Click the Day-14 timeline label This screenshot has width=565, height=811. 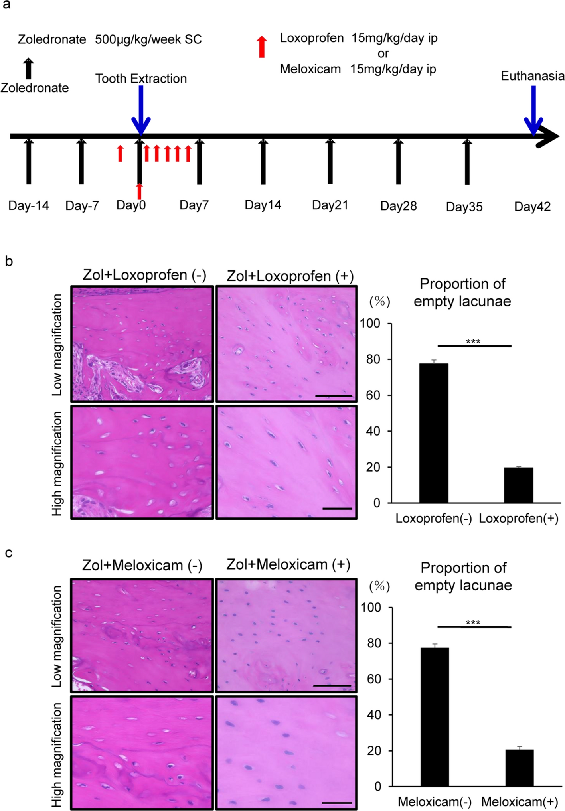pos(28,206)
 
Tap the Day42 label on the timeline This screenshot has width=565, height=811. pos(532,207)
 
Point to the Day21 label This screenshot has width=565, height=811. pos(330,205)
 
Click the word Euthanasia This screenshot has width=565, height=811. pos(532,76)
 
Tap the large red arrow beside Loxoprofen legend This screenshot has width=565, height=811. pos(262,47)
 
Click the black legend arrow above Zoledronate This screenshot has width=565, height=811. pos(28,69)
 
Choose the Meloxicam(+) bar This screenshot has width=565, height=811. pos(520,768)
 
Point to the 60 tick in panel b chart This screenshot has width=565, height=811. pos(373,395)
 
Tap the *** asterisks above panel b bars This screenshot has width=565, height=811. pos(473,342)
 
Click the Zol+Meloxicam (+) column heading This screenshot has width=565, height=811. pos(288,565)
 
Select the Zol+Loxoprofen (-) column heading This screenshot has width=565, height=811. pos(144,275)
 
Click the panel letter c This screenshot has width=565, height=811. pos(8,553)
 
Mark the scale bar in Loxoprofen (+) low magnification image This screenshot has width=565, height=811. pos(334,396)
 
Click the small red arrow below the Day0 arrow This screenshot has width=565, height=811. pos(139,191)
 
